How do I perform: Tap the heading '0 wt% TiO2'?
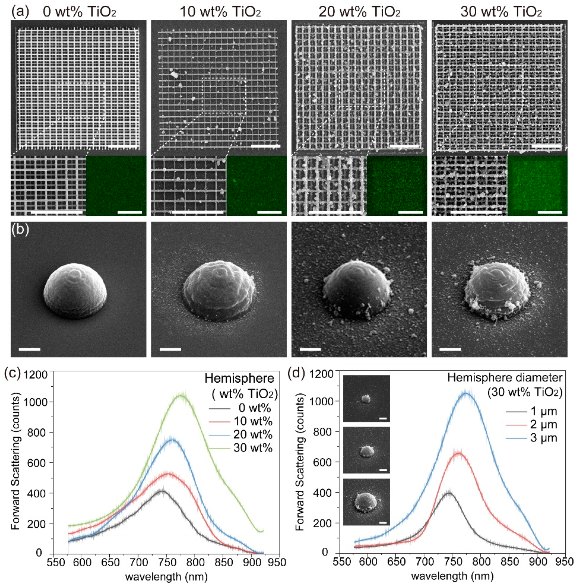[80, 12]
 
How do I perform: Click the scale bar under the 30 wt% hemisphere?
[450, 349]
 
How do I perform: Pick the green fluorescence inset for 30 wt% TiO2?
[537, 186]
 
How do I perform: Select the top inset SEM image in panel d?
[366, 398]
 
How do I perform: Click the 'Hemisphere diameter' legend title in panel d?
[505, 378]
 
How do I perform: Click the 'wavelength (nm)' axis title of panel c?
[166, 576]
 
